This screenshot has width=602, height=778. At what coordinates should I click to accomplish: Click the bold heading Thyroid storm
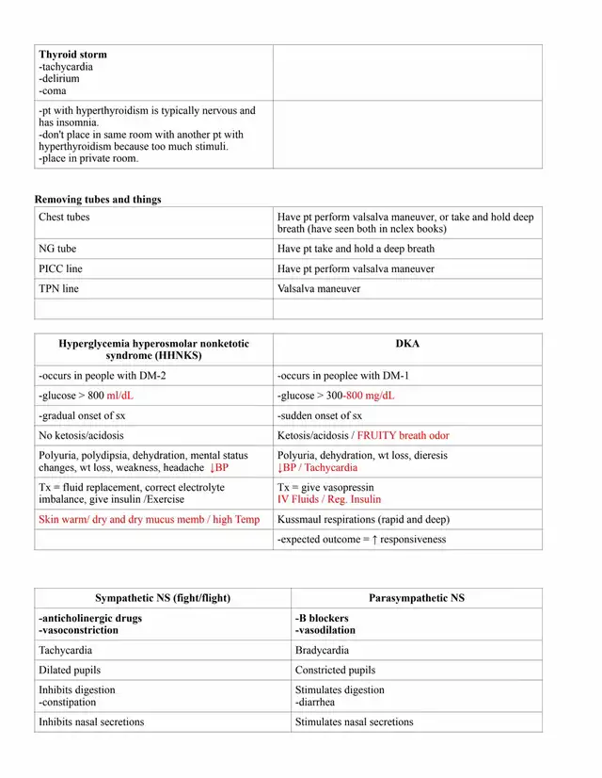click(x=72, y=55)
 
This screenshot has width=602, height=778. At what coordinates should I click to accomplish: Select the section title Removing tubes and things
click(x=98, y=200)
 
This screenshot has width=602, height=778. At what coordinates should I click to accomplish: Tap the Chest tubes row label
click(x=64, y=218)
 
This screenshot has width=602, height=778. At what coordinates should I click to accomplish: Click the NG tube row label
click(x=57, y=250)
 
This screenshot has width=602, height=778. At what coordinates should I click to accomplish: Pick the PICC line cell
click(x=60, y=269)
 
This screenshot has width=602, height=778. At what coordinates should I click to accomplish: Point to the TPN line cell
click(x=58, y=289)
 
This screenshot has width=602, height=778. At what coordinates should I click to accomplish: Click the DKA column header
click(x=408, y=344)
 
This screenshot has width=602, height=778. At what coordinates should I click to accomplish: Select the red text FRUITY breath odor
click(x=405, y=436)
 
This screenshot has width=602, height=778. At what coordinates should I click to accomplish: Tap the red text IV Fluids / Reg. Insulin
click(x=329, y=499)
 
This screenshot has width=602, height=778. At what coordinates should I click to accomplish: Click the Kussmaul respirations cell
click(x=363, y=520)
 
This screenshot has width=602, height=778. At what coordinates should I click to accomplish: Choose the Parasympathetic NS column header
click(x=417, y=598)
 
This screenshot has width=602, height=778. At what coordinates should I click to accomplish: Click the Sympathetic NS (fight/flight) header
click(x=163, y=598)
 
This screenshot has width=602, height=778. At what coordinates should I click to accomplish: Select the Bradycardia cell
click(x=322, y=651)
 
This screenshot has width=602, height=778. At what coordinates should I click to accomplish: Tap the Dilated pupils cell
click(x=70, y=671)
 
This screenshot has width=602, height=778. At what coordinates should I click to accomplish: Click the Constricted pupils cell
click(x=335, y=671)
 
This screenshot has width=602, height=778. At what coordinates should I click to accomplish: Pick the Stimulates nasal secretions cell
click(x=354, y=722)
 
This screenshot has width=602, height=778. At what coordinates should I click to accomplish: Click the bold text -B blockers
click(x=322, y=619)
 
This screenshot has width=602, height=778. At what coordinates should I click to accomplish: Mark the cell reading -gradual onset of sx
click(x=83, y=415)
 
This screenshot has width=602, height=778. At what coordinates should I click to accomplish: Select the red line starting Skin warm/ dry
click(x=149, y=520)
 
